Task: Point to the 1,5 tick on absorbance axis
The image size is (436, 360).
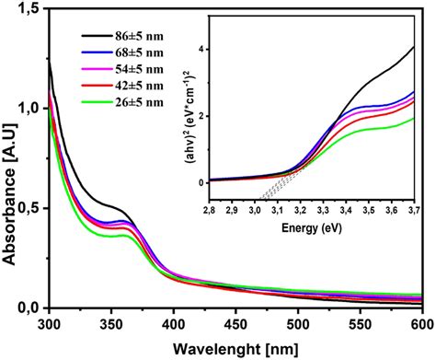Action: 30,9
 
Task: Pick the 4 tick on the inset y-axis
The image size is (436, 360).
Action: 200,49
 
